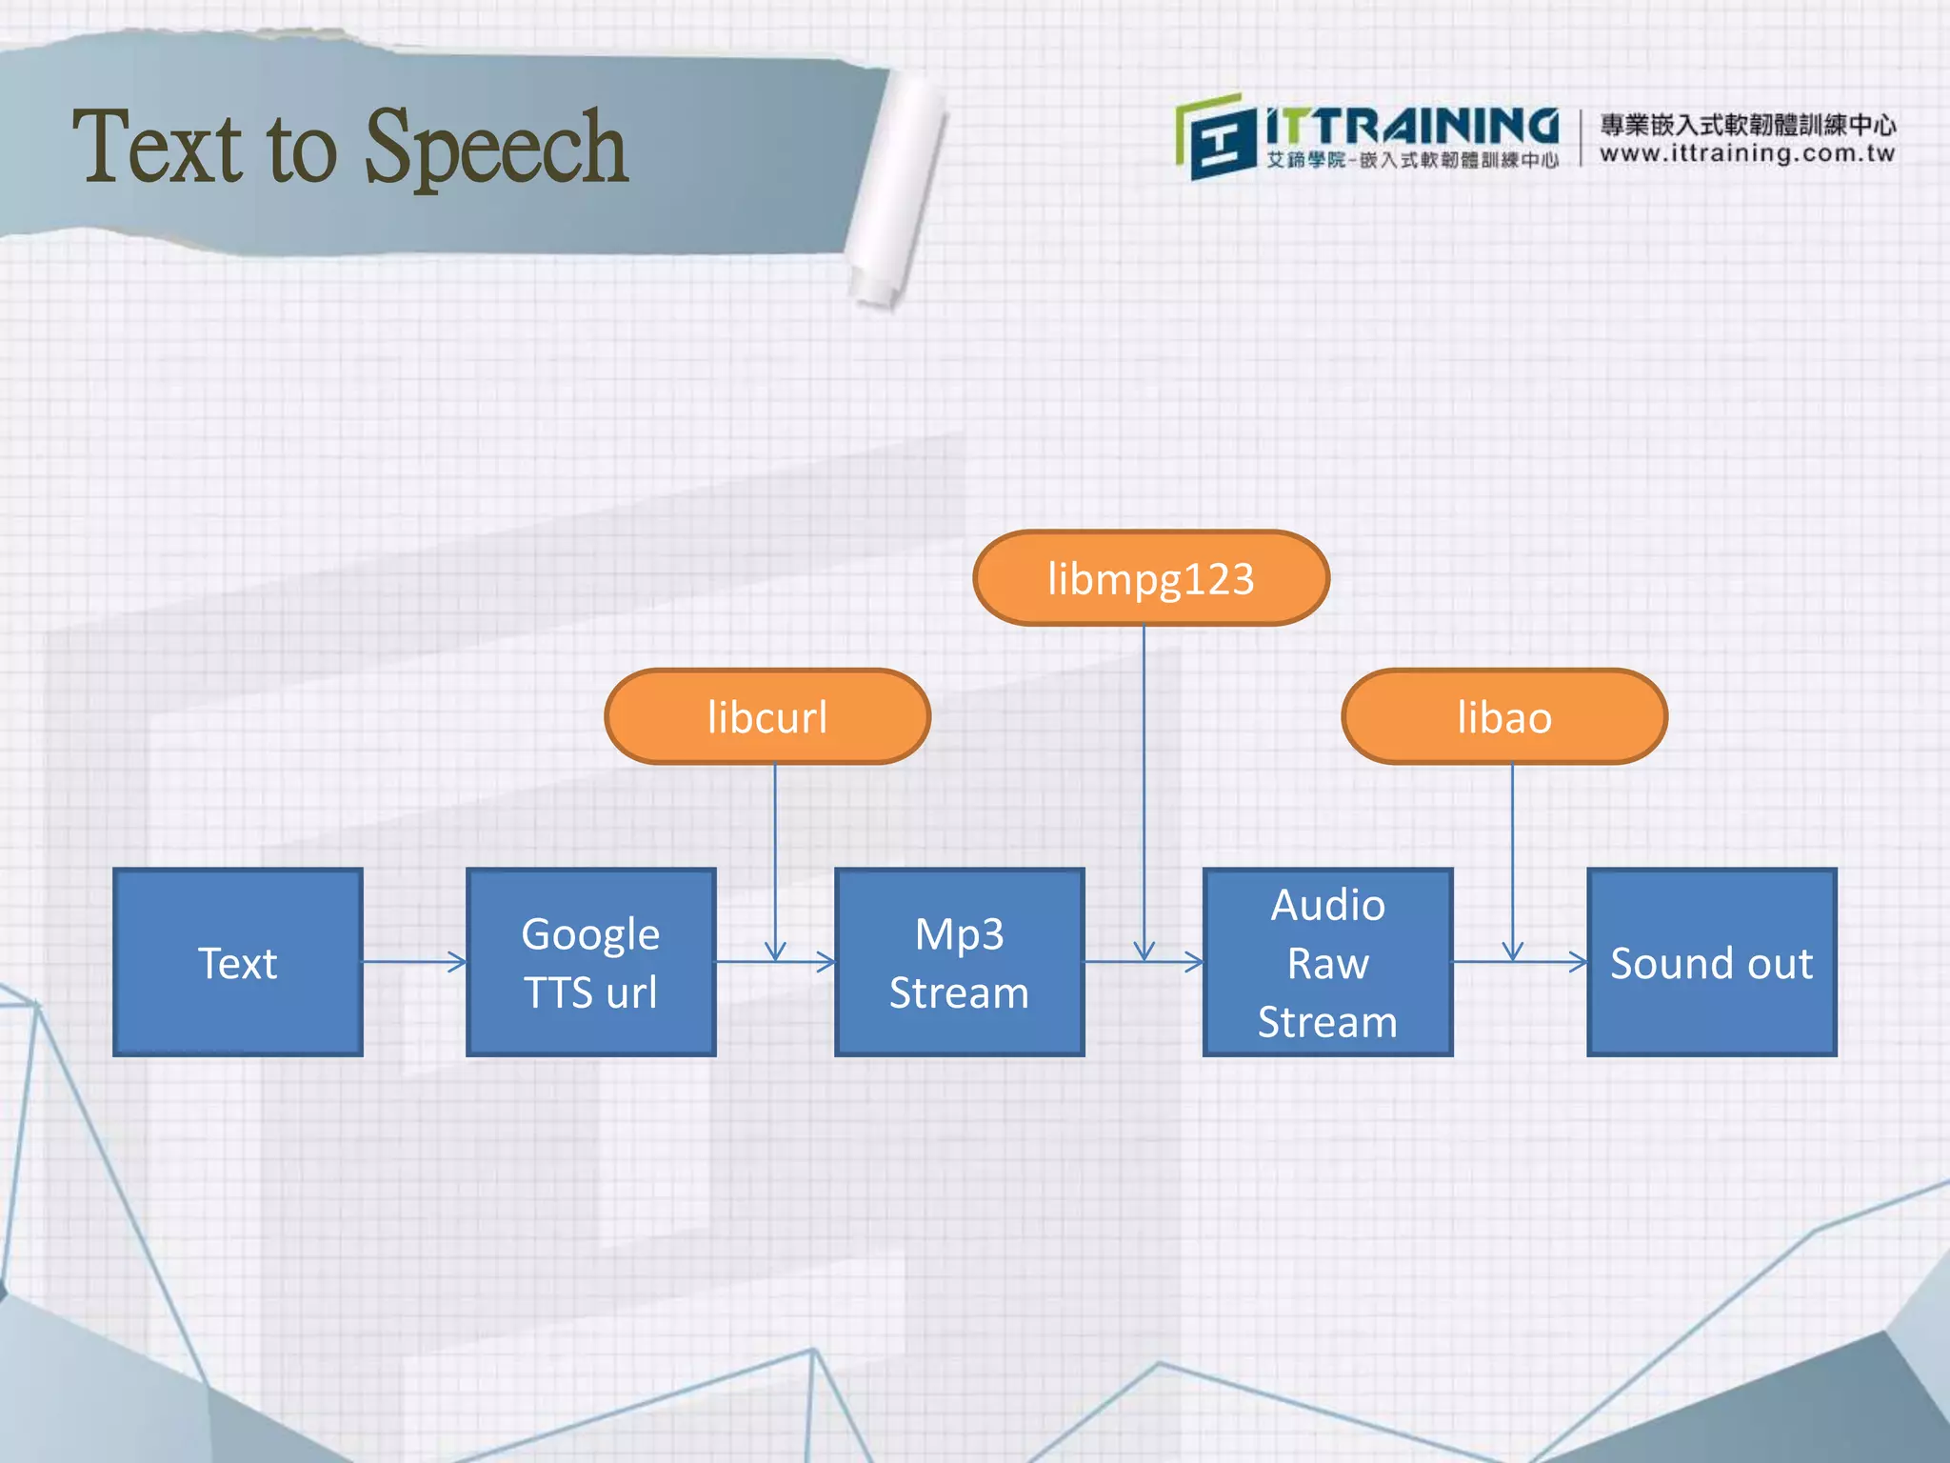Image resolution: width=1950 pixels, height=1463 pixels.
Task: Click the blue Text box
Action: [x=238, y=962]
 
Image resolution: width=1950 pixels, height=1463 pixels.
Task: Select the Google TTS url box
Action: [x=590, y=962]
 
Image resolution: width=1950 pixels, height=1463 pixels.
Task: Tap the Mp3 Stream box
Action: [x=959, y=962]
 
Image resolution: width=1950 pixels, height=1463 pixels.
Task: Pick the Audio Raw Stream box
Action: [x=1327, y=962]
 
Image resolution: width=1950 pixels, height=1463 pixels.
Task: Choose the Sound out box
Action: [x=1711, y=962]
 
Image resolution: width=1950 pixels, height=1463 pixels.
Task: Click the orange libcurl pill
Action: [x=767, y=716]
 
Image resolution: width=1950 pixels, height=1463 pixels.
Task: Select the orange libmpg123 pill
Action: [x=1150, y=578]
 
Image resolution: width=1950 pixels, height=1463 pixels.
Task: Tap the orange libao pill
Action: [x=1504, y=716]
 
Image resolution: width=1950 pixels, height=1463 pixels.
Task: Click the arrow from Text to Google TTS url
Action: [x=414, y=962]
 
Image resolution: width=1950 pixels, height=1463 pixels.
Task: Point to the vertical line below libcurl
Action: [x=775, y=857]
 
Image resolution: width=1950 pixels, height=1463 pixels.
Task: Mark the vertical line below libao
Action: [x=1512, y=857]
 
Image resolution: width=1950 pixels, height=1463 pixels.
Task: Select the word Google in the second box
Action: [x=590, y=933]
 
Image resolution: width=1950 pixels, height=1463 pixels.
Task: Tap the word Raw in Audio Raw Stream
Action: [x=1327, y=963]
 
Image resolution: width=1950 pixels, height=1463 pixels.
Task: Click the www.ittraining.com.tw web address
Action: [x=1747, y=153]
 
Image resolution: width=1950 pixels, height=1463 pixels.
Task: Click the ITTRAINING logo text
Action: [x=1411, y=127]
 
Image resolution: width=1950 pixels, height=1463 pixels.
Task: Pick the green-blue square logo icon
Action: [x=1214, y=138]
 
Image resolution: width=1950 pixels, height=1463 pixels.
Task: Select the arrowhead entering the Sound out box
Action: [x=1579, y=962]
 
